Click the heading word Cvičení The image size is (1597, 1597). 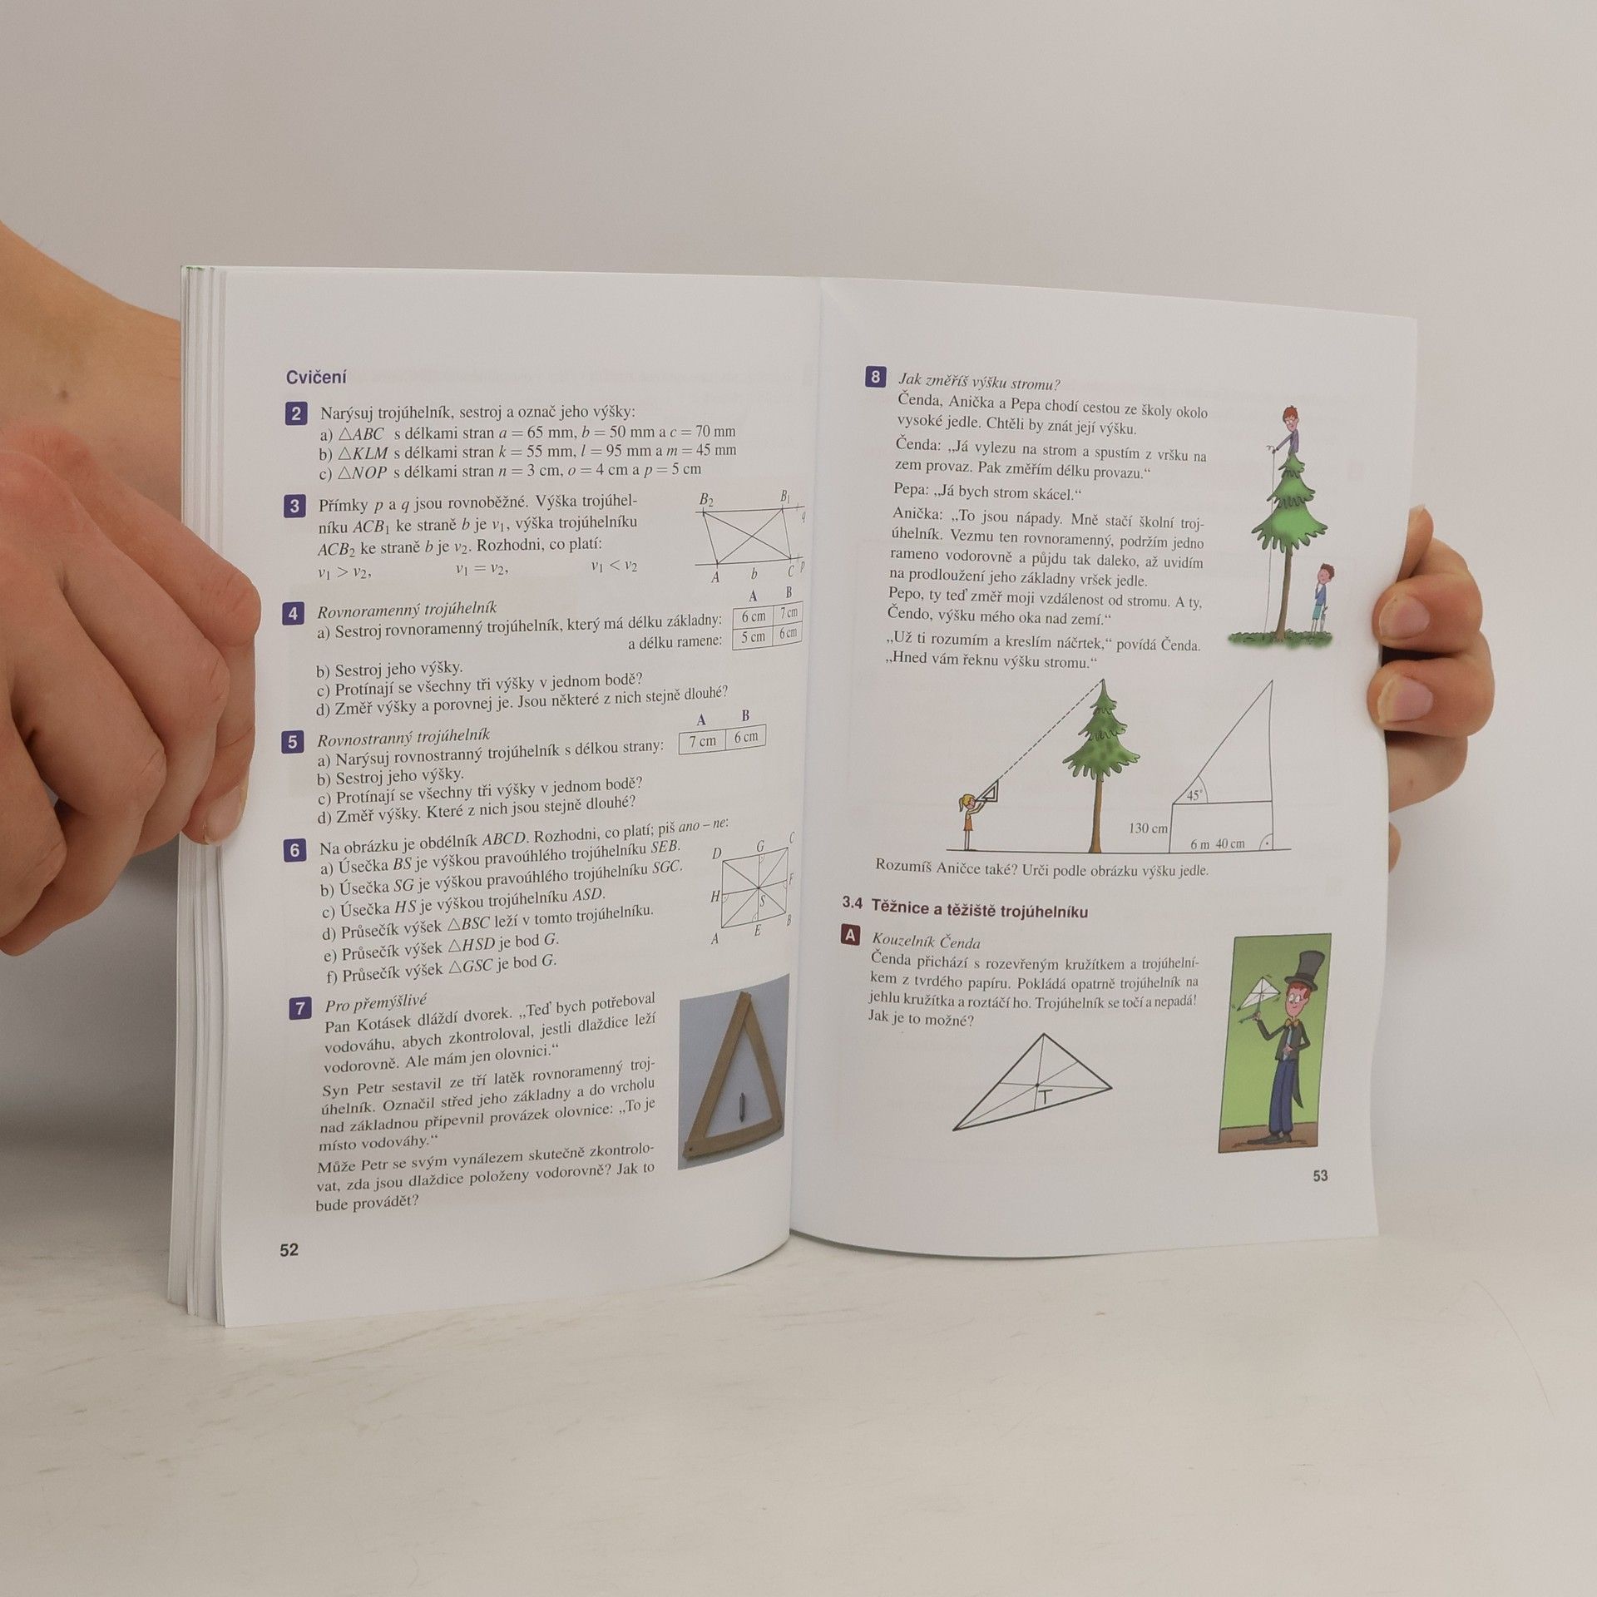pyautogui.click(x=316, y=377)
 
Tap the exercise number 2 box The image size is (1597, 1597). pyautogui.click(x=296, y=413)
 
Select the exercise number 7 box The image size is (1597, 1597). pyautogui.click(x=300, y=1009)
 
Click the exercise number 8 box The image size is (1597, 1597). pyautogui.click(x=875, y=378)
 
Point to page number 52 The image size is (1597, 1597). pyautogui.click(x=289, y=1249)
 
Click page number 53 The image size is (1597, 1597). pyautogui.click(x=1320, y=1175)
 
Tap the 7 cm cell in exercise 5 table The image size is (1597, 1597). pyautogui.click(x=702, y=740)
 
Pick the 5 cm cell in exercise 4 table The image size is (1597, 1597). pyautogui.click(x=753, y=637)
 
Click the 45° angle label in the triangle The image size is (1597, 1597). pyautogui.click(x=1195, y=795)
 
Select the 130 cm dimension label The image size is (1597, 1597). pyautogui.click(x=1148, y=828)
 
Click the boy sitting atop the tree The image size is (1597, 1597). pyautogui.click(x=1288, y=433)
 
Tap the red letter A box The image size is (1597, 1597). pyautogui.click(x=850, y=937)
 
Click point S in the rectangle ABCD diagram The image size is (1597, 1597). pyautogui.click(x=762, y=901)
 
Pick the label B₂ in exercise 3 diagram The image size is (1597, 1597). pyautogui.click(x=706, y=500)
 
